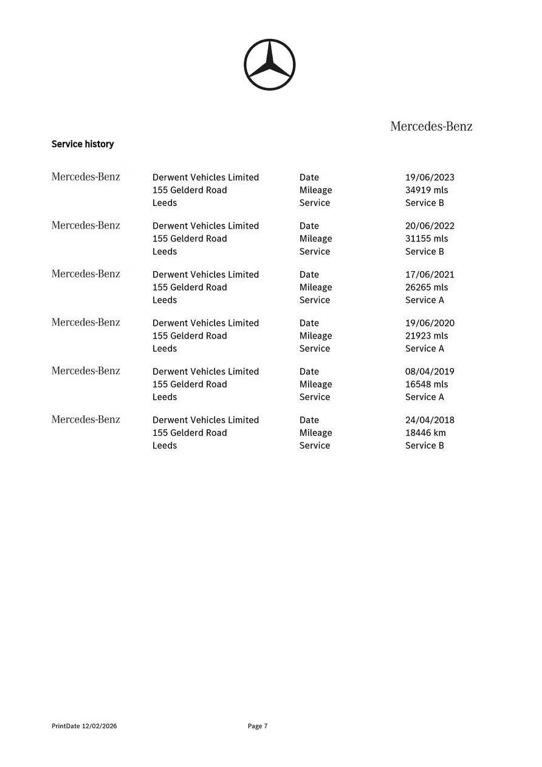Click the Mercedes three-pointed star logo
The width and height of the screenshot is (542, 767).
269,65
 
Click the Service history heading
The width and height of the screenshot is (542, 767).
83,144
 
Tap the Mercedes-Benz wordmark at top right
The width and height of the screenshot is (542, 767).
431,126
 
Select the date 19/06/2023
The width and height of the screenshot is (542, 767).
430,177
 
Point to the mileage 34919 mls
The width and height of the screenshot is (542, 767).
427,190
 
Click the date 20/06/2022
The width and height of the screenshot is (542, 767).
430,226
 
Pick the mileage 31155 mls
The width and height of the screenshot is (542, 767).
427,239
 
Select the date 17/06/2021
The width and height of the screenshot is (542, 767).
430,275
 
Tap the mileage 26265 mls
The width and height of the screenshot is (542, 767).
427,287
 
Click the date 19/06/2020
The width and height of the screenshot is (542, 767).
430,323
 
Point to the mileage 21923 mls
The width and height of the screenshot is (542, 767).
427,336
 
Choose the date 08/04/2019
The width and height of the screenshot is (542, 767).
430,372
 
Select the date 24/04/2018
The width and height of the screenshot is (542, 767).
430,421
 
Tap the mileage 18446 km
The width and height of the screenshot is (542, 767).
425,433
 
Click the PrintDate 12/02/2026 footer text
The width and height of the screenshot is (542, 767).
84,726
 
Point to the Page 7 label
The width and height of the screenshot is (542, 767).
258,726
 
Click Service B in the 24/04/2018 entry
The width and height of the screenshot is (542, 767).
425,446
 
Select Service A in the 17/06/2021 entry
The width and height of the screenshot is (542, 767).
425,300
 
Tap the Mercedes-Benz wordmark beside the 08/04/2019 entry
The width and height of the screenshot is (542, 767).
86,371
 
